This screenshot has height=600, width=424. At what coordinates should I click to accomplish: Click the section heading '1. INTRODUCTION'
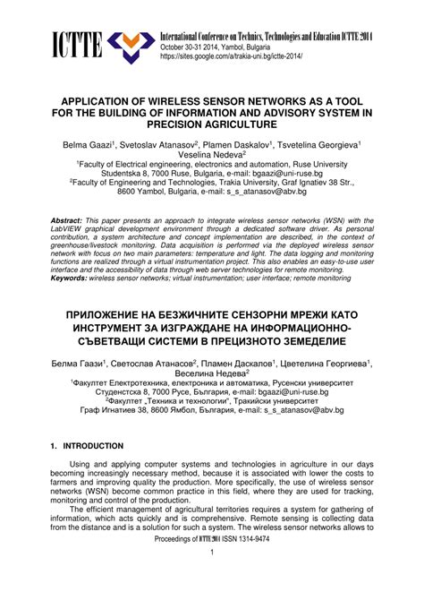[x=87, y=446]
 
